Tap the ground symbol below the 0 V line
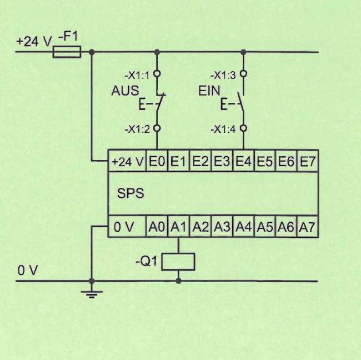pos(92,294)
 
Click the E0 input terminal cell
pos(157,161)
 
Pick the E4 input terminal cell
pos(244,161)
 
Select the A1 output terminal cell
pos(179,227)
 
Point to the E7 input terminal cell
pos(308,161)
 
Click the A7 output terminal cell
pos(308,227)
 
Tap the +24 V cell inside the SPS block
pos(127,161)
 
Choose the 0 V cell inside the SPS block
pos(127,227)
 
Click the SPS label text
pos(131,193)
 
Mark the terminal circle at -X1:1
pos(157,74)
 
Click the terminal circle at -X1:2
pos(157,128)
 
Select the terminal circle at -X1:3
pos(244,74)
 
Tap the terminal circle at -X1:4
pos(244,128)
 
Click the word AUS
pos(126,91)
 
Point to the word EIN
pos(209,91)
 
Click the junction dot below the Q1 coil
pos(178,281)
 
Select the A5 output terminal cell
pos(265,227)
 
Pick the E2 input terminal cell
pos(200,161)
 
